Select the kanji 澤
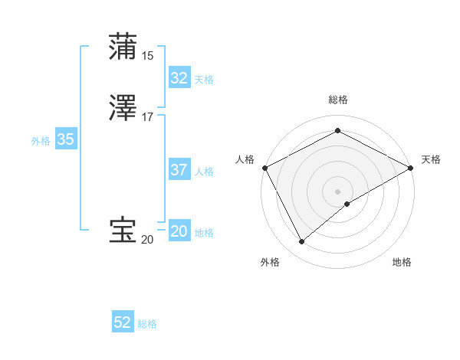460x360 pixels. click(x=123, y=110)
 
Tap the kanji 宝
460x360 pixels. click(x=123, y=231)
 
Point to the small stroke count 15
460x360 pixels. click(x=148, y=55)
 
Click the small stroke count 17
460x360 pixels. click(x=148, y=117)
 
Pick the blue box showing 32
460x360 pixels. click(x=179, y=78)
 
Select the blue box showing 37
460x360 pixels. click(x=179, y=170)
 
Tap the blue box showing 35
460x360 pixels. click(x=66, y=139)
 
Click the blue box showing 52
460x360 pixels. click(x=123, y=322)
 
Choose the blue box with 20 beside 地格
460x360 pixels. click(x=179, y=231)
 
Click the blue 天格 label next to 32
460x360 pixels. click(x=204, y=80)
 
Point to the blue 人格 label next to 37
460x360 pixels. click(x=204, y=172)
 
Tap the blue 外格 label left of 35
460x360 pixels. click(x=41, y=141)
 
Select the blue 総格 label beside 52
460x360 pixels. click(x=147, y=324)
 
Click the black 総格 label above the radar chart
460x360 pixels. click(x=337, y=100)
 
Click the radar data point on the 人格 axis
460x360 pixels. click(x=264, y=167)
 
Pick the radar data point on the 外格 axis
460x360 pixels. click(x=302, y=242)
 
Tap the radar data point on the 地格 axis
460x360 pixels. click(x=347, y=204)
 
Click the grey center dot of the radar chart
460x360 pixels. click(x=337, y=191)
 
